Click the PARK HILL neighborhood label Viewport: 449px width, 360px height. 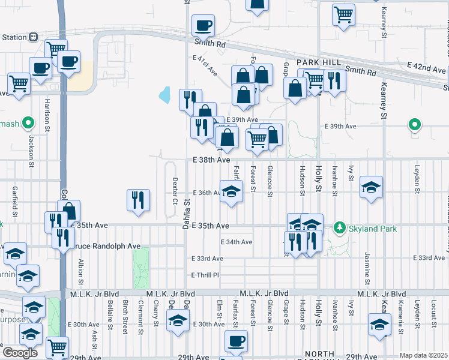[322, 62]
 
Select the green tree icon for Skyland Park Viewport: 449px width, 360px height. [340, 227]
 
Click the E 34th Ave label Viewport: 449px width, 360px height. [237, 242]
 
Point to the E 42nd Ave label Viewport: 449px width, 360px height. [426, 67]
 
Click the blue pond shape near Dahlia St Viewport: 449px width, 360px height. [164, 95]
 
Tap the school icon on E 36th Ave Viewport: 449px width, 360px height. [231, 192]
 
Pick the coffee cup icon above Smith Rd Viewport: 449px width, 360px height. [203, 25]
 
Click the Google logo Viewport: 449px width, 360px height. [20, 353]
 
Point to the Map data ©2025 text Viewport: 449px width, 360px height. [423, 355]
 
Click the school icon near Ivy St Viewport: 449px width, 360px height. [371, 187]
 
